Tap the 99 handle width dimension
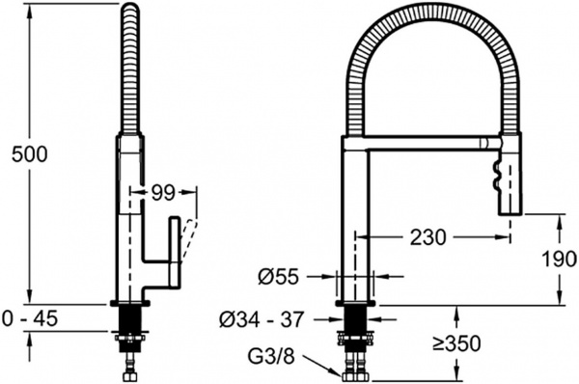point(161,193)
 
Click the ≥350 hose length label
point(457,343)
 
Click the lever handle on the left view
point(175,252)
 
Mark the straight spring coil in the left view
point(131,68)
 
